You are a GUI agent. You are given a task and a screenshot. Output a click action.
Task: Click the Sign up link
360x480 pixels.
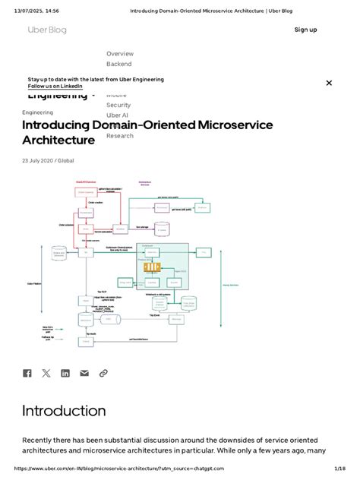[x=305, y=30]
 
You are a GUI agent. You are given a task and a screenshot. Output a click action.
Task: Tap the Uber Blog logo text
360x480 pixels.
[x=47, y=30]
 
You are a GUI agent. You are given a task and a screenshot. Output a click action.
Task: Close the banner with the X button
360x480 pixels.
[x=329, y=83]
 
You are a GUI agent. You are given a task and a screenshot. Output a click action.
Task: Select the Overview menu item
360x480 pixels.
[x=120, y=54]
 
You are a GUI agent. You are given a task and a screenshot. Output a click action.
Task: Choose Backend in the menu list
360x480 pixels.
[x=118, y=65]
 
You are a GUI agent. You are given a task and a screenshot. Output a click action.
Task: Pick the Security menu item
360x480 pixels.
[x=118, y=105]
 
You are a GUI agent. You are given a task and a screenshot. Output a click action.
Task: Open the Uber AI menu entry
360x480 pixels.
[x=117, y=115]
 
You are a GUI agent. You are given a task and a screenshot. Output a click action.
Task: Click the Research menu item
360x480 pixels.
[x=120, y=136]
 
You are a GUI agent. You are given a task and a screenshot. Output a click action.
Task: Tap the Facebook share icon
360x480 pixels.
[x=27, y=373]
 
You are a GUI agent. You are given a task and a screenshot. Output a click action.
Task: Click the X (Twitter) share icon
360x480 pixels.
[x=46, y=373]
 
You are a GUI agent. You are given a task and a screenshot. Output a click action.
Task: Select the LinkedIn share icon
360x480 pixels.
[x=65, y=373]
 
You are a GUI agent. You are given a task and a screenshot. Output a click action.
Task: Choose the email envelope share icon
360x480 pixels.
[x=84, y=373]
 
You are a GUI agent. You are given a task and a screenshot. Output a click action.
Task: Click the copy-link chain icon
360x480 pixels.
[x=103, y=373]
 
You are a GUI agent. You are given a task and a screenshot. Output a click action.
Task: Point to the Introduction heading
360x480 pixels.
[x=64, y=411]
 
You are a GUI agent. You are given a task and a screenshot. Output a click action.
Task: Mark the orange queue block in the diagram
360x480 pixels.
[x=152, y=267]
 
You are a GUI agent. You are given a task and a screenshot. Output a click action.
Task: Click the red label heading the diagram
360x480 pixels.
[x=85, y=182]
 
